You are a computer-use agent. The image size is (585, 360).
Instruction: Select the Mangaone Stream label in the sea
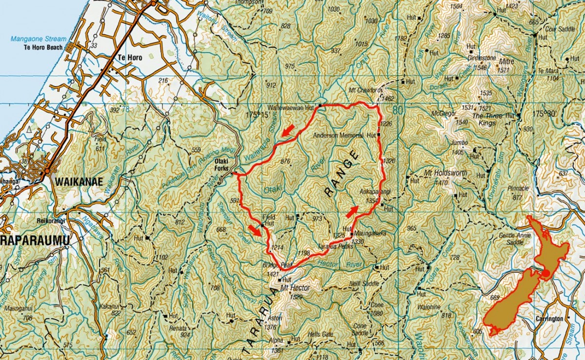click(38, 39)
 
